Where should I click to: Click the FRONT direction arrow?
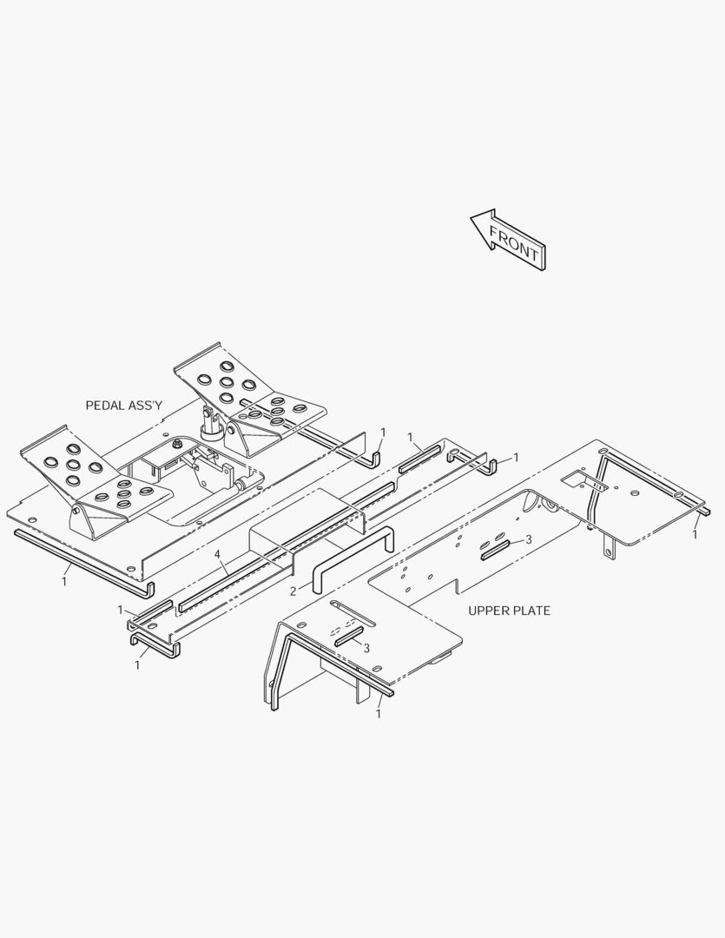click(x=508, y=240)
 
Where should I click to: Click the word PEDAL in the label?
click(x=106, y=406)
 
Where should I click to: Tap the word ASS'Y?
click(x=146, y=406)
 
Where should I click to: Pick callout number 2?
click(x=293, y=591)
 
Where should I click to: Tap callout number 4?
click(x=218, y=555)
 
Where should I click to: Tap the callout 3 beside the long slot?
click(x=366, y=648)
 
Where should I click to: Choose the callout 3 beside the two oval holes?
click(x=528, y=539)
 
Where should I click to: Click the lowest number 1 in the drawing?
click(x=378, y=714)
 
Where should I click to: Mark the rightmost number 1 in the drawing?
click(x=695, y=534)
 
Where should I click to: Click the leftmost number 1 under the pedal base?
click(x=64, y=581)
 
